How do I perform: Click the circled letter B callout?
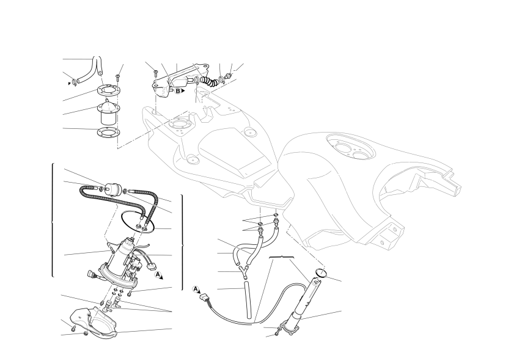pos(178,91)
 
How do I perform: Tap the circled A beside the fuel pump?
pos(158,274)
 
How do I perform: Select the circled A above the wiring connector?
pos(196,289)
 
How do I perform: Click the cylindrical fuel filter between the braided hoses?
pos(112,189)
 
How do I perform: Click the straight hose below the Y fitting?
pos(248,301)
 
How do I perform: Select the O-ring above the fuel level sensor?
pos(321,272)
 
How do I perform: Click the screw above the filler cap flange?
pos(117,78)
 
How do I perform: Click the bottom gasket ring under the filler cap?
pos(108,133)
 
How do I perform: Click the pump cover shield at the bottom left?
pos(93,323)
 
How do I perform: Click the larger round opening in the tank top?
pos(343,148)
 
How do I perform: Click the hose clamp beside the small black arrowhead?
pos(75,82)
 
